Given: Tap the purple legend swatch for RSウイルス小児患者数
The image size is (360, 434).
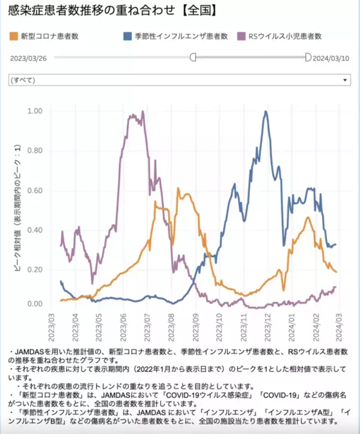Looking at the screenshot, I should (x=242, y=36).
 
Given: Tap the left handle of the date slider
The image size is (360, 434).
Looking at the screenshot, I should (x=193, y=57).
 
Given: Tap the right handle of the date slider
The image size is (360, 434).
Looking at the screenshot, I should (x=308, y=57).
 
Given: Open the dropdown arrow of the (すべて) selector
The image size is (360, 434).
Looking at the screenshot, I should (x=345, y=79).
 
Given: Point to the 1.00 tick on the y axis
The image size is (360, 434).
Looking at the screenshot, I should (x=35, y=111).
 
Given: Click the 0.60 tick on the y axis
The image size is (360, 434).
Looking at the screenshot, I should (x=35, y=191).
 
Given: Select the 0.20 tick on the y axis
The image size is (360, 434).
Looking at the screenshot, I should (x=35, y=269).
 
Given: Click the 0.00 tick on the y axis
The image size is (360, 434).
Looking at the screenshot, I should (x=35, y=304).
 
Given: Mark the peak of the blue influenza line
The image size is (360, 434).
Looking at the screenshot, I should (x=266, y=111).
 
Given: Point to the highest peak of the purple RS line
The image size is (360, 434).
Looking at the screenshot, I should (x=142, y=111).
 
